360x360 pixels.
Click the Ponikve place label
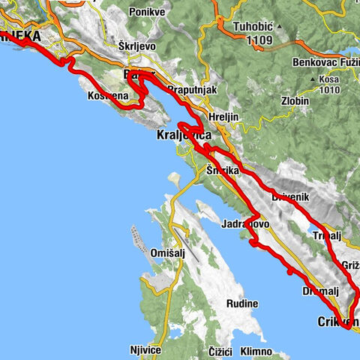click(x=145, y=13)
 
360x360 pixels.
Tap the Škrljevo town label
click(x=137, y=45)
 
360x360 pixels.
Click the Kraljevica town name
click(x=184, y=137)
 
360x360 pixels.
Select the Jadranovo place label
click(x=245, y=223)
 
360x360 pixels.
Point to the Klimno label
click(x=256, y=351)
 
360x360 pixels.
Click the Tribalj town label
click(x=327, y=235)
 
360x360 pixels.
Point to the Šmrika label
click(x=223, y=172)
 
